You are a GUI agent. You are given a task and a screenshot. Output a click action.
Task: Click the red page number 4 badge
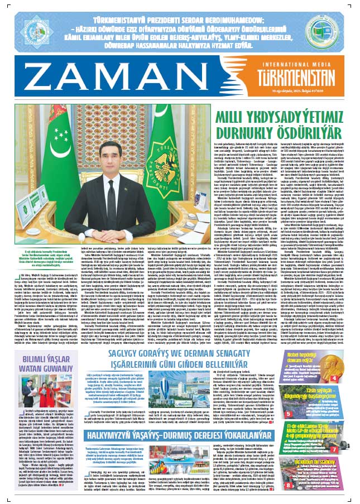click(x=349, y=393)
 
